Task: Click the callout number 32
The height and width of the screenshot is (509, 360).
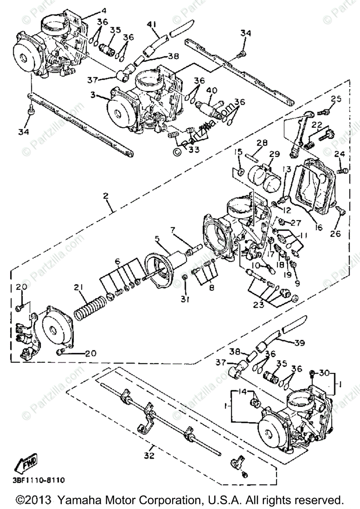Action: click(148, 456)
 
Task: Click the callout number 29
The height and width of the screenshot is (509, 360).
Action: click(274, 153)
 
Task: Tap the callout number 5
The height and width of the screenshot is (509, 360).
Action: click(157, 239)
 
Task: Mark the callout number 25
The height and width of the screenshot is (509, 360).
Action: click(336, 99)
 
